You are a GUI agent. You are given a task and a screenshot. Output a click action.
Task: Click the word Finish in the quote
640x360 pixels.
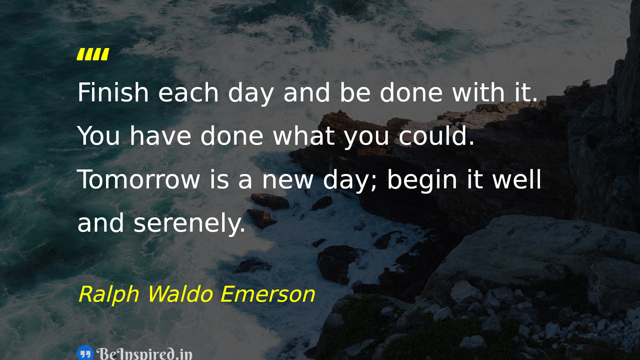tap(113, 92)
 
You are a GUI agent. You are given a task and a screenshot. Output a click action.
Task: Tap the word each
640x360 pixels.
tap(188, 92)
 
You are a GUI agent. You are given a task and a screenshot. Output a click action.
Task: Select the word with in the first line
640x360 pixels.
tap(478, 92)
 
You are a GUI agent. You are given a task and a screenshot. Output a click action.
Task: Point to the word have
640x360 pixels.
tap(160, 136)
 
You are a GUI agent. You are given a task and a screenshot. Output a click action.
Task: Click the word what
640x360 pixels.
tap(304, 136)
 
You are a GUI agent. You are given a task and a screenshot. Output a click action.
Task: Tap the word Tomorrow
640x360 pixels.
tap(138, 180)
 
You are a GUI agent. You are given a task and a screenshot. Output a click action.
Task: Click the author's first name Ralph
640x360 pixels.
tap(109, 294)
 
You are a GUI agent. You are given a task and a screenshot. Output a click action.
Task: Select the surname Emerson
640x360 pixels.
tap(268, 294)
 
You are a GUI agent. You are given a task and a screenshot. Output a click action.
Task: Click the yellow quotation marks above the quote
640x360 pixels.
tap(93, 54)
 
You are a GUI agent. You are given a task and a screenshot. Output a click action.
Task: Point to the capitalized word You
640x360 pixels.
tap(99, 136)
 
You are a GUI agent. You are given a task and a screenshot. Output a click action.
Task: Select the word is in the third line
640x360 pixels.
tap(219, 180)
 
